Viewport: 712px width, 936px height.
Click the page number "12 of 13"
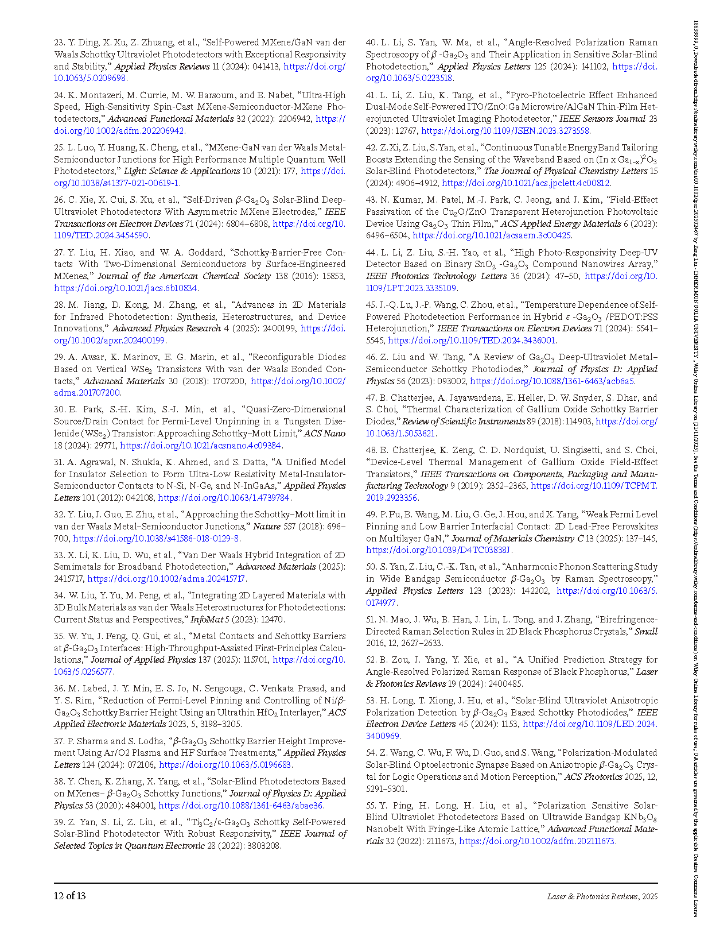69,896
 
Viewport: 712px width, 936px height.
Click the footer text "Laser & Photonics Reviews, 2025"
602,896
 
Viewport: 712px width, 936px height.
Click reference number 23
59,42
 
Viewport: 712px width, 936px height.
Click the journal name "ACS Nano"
325,434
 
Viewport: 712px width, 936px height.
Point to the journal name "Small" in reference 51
646,632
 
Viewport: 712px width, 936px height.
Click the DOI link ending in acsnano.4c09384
201,446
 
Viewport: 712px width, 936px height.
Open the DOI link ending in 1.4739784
224,498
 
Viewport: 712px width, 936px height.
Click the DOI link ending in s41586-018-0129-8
156,539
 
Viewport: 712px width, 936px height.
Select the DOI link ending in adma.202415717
166,579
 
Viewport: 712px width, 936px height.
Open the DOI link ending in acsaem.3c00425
492,235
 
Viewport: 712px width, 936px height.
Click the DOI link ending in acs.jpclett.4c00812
526,183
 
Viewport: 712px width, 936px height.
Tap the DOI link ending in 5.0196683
225,765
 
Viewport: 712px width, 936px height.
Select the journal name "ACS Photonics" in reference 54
593,777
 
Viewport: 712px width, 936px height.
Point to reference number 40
371,42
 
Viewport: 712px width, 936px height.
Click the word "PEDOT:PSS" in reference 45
634,317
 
